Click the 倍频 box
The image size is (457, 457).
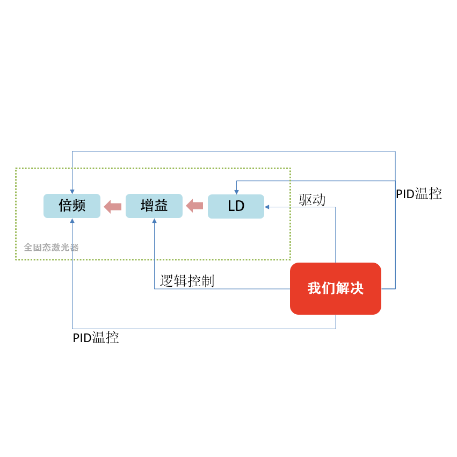(72, 206)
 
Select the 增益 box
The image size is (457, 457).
(154, 206)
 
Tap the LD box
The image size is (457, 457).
(236, 206)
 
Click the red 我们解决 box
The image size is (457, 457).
(336, 288)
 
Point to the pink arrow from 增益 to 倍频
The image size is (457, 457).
(112, 206)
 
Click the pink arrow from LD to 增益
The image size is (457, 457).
(194, 206)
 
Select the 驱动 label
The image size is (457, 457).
(312, 200)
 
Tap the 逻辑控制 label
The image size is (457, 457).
(187, 281)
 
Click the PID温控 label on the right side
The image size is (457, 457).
(419, 194)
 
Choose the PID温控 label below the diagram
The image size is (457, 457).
(96, 337)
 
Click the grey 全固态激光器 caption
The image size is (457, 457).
(52, 248)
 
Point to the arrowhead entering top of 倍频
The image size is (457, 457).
(72, 192)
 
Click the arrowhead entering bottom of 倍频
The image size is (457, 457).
(72, 221)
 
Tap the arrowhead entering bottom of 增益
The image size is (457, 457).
(155, 221)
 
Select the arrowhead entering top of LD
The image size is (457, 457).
(237, 192)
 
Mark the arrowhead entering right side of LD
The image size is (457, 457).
(267, 207)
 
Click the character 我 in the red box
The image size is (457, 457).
(314, 288)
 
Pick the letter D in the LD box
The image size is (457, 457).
(240, 206)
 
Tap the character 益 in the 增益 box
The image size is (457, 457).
(161, 206)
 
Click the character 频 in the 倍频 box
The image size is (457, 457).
(79, 206)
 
